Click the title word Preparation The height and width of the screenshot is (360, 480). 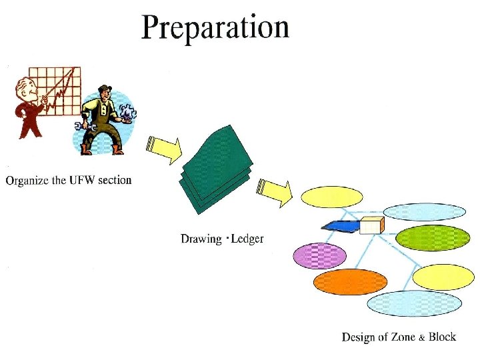point(215,27)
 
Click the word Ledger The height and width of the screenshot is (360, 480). point(248,238)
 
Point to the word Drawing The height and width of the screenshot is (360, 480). point(201,239)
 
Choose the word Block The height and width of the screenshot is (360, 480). point(442,337)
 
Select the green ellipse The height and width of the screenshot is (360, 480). point(433,238)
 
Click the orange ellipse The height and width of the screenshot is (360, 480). point(350,282)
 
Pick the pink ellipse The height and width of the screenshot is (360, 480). point(320,256)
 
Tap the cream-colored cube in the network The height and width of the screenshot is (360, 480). point(371,225)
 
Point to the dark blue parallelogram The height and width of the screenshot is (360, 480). point(340,226)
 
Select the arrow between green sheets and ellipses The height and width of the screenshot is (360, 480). point(275,191)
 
